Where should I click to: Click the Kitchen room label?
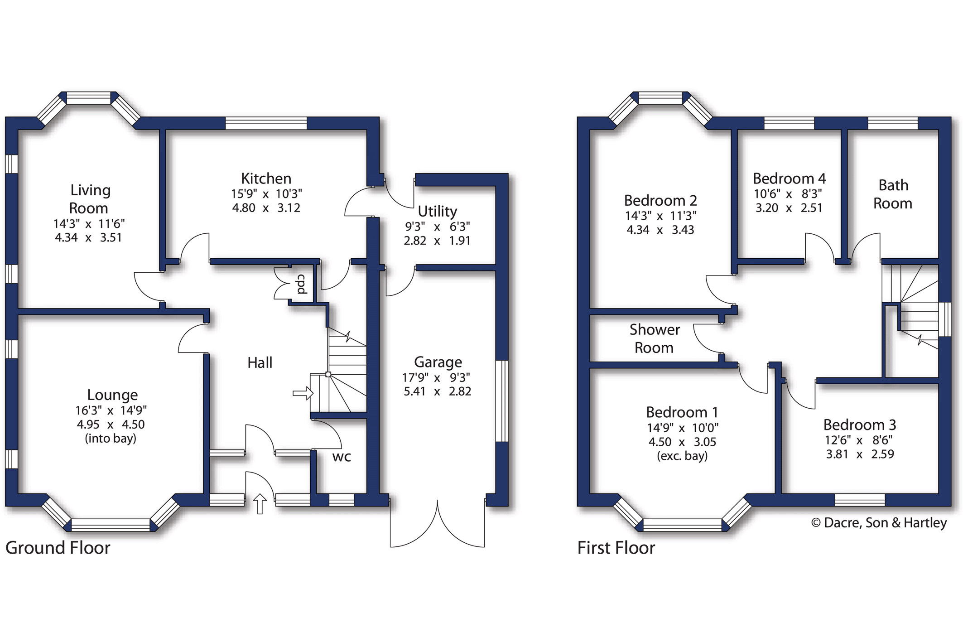coord(266,179)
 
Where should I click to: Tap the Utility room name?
coord(437,212)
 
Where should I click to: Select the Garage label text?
coord(438,362)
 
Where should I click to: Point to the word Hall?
coord(260,362)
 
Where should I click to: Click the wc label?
coord(342,457)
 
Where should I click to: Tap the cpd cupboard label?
coord(302,284)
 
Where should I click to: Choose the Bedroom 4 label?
coord(789,179)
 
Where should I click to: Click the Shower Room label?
coord(654,338)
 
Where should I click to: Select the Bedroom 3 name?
coord(859,425)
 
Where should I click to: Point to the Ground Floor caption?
coord(58,548)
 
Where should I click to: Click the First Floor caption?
coord(616,548)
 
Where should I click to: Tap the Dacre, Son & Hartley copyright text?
coord(879,523)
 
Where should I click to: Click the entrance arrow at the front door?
coord(260,504)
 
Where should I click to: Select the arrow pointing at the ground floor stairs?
coord(303,393)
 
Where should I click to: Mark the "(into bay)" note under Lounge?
coord(111,439)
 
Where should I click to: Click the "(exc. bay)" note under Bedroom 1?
coord(682,456)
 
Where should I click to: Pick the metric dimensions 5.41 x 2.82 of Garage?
coord(437,391)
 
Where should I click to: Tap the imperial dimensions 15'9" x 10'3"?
coord(266,194)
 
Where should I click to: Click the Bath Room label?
coord(893,194)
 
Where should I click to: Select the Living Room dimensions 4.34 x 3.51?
coord(88,238)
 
